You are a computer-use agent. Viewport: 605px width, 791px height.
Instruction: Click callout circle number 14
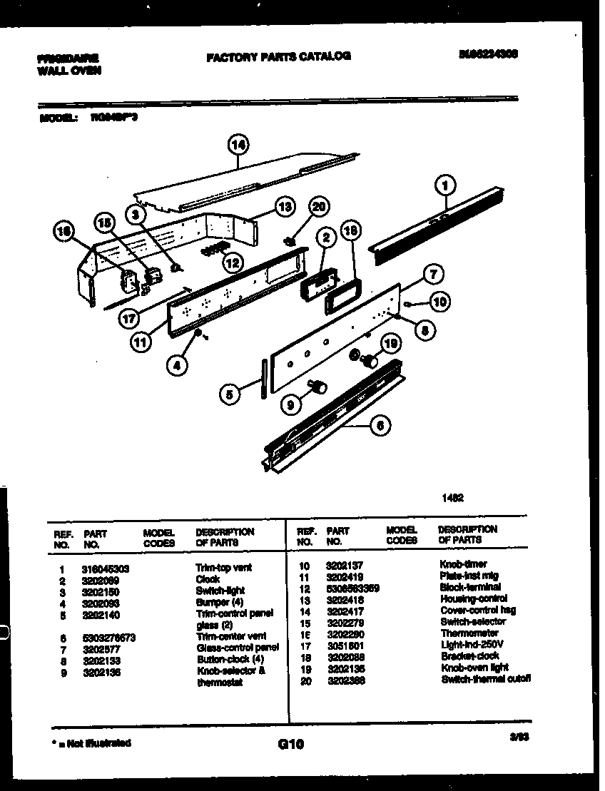click(238, 145)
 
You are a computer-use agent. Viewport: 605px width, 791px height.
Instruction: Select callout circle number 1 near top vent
click(444, 187)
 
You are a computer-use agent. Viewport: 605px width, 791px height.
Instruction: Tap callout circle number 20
click(319, 207)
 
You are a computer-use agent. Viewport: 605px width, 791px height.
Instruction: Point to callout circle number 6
click(380, 426)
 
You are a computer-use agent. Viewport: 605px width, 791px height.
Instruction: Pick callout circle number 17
click(129, 319)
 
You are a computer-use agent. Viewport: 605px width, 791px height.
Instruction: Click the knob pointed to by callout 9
click(318, 387)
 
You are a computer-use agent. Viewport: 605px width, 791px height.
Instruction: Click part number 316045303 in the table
click(106, 568)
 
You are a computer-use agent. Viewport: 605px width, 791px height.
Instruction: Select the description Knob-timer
click(463, 564)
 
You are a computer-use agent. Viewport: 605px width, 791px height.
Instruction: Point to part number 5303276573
click(109, 637)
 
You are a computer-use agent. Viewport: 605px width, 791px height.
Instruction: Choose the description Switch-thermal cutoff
click(485, 679)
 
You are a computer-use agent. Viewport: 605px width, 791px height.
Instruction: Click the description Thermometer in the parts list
click(469, 633)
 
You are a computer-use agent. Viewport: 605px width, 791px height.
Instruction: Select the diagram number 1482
click(452, 499)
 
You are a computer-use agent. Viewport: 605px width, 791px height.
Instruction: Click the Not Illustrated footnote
click(91, 743)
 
